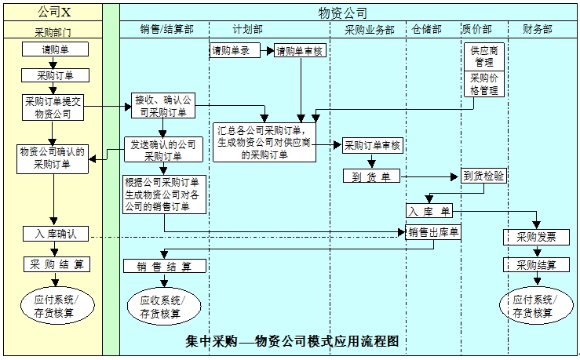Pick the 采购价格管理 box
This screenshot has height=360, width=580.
pyautogui.click(x=484, y=84)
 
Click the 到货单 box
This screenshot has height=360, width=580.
pyautogui.click(x=371, y=176)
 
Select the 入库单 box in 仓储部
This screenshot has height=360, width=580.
pyautogui.click(x=429, y=211)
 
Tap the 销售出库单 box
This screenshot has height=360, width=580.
pyautogui.click(x=432, y=231)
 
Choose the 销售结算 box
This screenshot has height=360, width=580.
pyautogui.click(x=164, y=265)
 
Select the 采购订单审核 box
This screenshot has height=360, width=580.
pyautogui.click(x=372, y=145)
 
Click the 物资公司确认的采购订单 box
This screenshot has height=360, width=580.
pyautogui.click(x=53, y=158)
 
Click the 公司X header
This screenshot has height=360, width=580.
pyautogui.click(x=54, y=12)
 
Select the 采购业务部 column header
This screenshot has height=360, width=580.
pyautogui.click(x=369, y=29)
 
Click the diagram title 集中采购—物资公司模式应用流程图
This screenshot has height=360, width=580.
pyautogui.click(x=293, y=342)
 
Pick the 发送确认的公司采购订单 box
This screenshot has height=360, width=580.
pyautogui.click(x=164, y=149)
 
